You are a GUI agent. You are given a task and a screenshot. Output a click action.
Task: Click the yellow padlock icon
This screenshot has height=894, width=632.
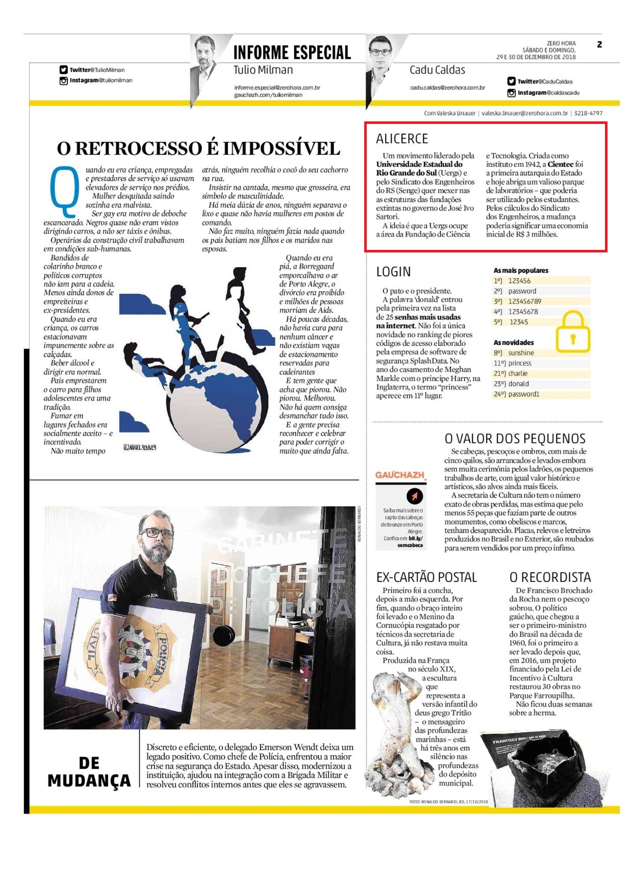point(572,332)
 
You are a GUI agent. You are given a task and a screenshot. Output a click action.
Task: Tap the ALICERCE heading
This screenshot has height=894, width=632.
point(401,139)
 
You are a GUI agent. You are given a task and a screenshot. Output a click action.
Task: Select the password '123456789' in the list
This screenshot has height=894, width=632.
point(524,301)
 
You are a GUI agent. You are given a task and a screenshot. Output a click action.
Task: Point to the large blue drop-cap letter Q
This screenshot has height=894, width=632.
point(64,191)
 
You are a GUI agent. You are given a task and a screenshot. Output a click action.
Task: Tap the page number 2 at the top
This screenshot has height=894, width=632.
point(599,44)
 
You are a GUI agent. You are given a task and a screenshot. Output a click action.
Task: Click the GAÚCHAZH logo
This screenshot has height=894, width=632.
point(400,475)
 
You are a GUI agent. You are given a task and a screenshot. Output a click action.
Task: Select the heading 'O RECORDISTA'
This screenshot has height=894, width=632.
point(550,577)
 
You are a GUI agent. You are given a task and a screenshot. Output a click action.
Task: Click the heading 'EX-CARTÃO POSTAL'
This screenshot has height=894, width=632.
point(426,577)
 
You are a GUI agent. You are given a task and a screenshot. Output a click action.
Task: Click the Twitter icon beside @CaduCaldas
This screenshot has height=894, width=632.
point(511,81)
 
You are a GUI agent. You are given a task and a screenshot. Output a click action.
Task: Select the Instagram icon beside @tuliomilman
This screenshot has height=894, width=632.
point(64,81)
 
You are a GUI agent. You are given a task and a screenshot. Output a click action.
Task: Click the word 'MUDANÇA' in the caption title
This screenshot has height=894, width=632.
point(89,781)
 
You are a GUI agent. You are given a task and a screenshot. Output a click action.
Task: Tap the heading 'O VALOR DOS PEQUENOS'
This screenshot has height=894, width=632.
point(515,439)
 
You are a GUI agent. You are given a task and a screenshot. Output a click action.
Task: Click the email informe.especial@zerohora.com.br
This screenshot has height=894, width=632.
point(277,88)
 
